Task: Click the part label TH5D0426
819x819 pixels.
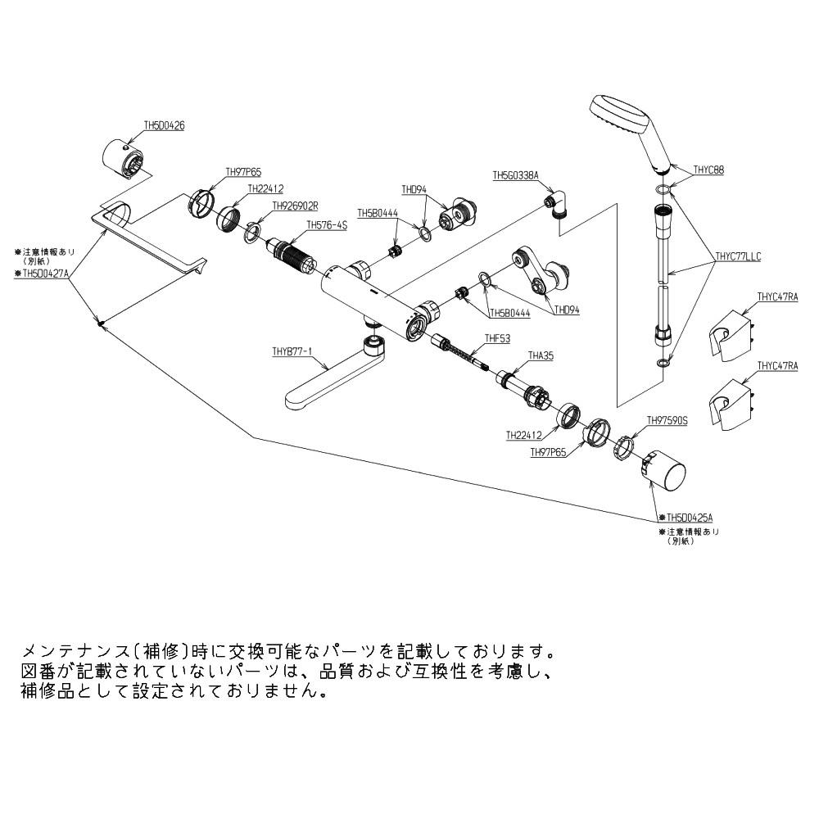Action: pos(164,126)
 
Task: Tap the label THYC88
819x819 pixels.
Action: pos(708,170)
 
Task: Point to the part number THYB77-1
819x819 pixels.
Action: pos(292,351)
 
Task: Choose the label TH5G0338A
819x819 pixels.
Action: pos(515,175)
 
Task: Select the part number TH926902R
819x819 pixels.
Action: pos(295,206)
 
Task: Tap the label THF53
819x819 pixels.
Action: pos(497,337)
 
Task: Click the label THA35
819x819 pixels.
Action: pos(541,355)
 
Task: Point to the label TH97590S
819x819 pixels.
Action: pos(667,420)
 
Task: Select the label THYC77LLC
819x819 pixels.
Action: pos(737,256)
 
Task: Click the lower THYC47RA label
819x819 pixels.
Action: pos(776,366)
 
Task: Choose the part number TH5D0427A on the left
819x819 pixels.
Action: pos(45,274)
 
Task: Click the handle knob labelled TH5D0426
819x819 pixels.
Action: pos(125,156)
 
